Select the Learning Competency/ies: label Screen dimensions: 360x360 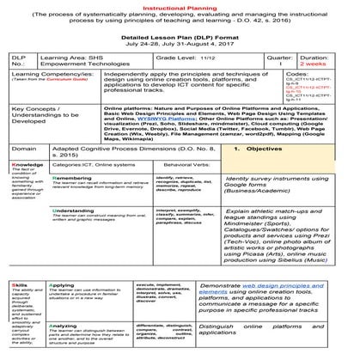tap(52, 84)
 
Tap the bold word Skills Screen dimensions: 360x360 tap(16, 303)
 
